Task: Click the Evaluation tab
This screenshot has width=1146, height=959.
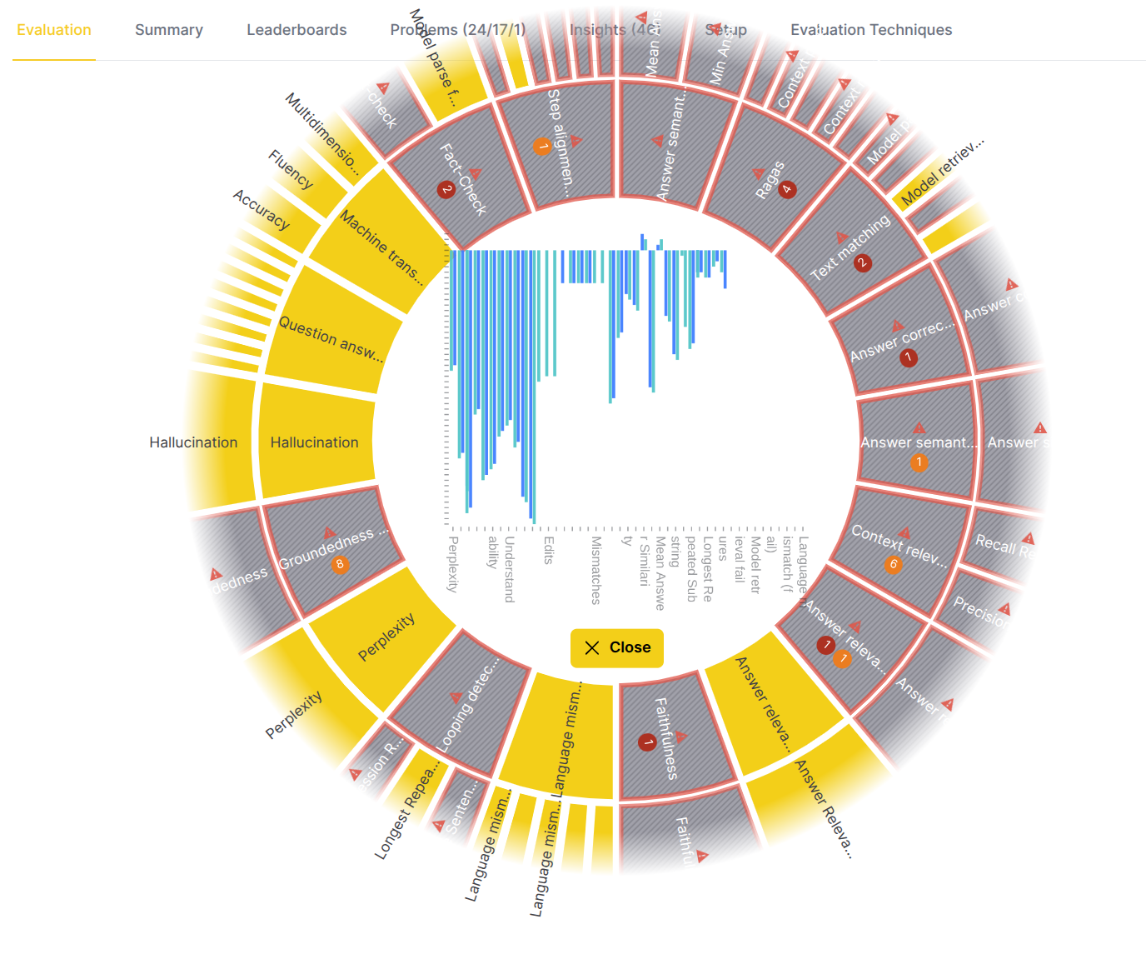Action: (x=54, y=30)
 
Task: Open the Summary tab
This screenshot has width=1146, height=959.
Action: (x=169, y=30)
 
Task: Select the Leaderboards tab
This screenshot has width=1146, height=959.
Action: (x=296, y=30)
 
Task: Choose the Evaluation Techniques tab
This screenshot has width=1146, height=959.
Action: (x=871, y=30)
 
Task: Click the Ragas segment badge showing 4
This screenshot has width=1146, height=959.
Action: (x=787, y=189)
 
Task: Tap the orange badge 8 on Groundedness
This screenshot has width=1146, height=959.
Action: (x=339, y=565)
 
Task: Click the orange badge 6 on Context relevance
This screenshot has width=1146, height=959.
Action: (x=893, y=565)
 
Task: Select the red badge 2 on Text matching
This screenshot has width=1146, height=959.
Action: (x=863, y=263)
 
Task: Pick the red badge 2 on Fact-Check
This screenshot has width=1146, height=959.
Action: (x=446, y=190)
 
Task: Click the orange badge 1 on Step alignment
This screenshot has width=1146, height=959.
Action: (x=541, y=147)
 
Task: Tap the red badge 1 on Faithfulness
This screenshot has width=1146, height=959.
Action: (x=647, y=742)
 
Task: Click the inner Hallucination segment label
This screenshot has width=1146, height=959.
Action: (x=314, y=442)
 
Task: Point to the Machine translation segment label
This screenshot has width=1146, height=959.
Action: (x=381, y=248)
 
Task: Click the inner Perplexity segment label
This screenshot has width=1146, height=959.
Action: (x=386, y=637)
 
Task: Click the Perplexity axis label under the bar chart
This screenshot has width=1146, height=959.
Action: (x=453, y=564)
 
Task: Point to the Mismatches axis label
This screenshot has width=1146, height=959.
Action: (x=595, y=570)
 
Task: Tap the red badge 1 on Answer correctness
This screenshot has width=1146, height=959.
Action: (x=909, y=358)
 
